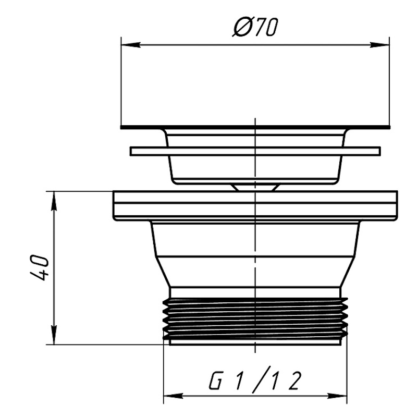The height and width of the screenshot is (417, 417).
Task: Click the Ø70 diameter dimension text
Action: point(255,27)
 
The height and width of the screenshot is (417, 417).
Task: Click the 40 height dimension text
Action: point(40,268)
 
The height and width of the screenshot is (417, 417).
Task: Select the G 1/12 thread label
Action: point(255,380)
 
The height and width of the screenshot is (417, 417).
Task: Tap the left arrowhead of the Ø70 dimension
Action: point(131,45)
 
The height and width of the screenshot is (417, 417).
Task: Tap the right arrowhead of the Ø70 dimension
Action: point(380,45)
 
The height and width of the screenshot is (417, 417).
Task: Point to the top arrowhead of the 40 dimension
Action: point(54,201)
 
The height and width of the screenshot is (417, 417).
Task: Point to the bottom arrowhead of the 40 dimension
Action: point(54,335)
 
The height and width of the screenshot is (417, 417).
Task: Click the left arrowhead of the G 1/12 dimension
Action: point(173,396)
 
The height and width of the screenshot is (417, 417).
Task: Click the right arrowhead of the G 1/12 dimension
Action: point(337,396)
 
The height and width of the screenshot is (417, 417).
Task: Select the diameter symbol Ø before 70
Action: point(242,27)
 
